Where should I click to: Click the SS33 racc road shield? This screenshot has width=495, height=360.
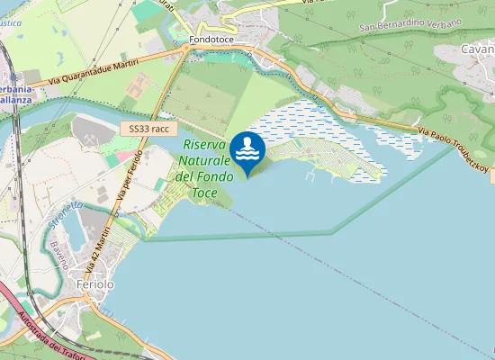pyautogui.click(x=148, y=130)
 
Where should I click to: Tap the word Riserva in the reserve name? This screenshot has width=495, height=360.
pyautogui.click(x=204, y=144)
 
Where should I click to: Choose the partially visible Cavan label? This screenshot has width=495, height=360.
pyautogui.click(x=476, y=49)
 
